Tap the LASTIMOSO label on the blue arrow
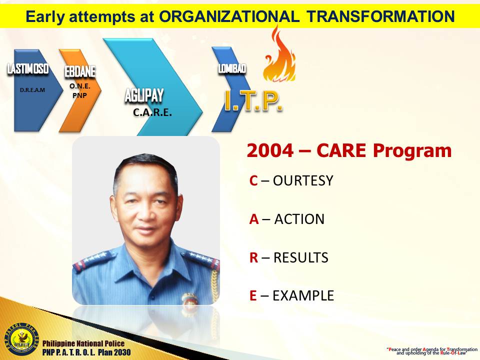[x=28, y=69]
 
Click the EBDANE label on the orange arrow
[x=80, y=72]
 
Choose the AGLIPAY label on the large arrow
[x=144, y=96]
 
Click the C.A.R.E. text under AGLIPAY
[x=152, y=113]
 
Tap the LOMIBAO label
[x=231, y=69]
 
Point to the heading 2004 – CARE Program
[x=349, y=150]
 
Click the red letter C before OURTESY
[x=253, y=180]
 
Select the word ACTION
[x=299, y=219]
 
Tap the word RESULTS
[x=300, y=257]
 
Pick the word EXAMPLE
[x=303, y=295]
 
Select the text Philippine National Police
[x=83, y=343]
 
